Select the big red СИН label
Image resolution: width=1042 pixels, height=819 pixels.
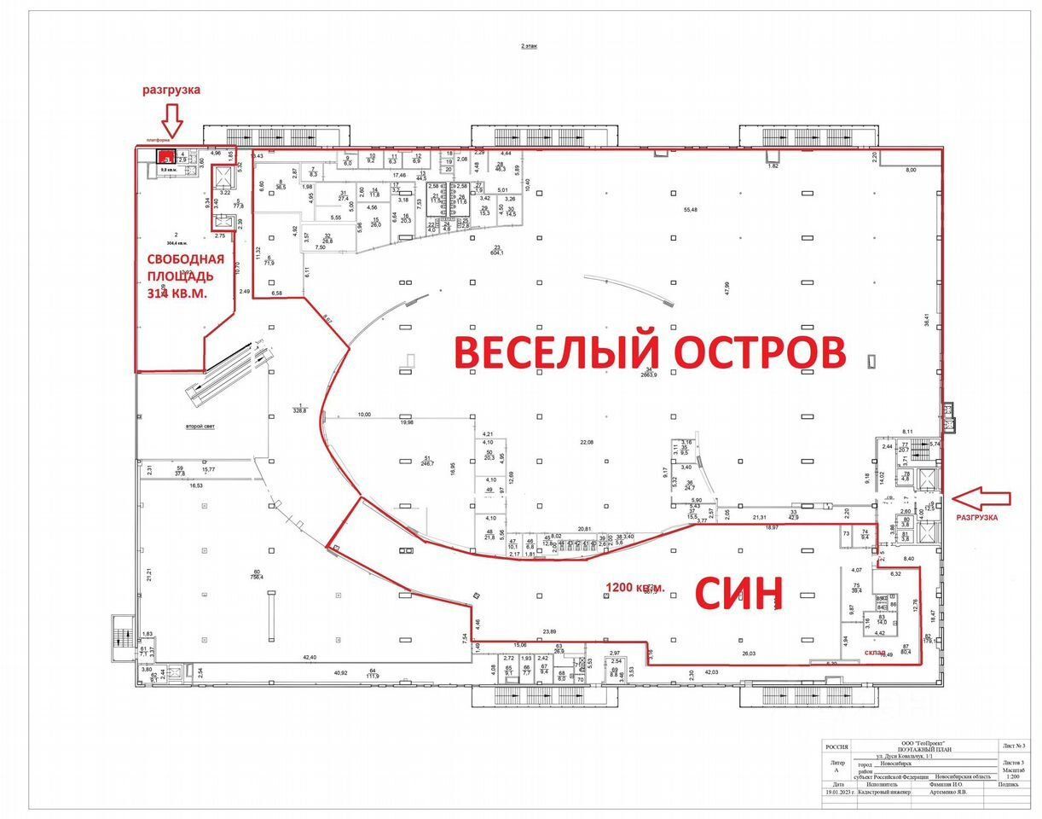coord(738,594)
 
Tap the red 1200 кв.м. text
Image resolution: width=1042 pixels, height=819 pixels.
coord(636,587)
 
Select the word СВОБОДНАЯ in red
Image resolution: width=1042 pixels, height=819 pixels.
coord(185,259)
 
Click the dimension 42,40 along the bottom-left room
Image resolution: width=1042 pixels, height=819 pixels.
coord(309,657)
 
